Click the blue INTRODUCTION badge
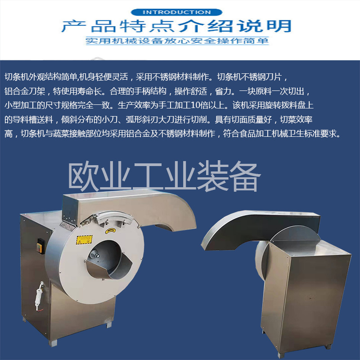pyautogui.click(x=176, y=12)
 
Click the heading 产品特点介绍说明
pyautogui.click(x=176, y=26)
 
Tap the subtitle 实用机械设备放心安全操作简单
pyautogui.click(x=177, y=41)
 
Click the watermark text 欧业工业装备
pyautogui.click(x=164, y=176)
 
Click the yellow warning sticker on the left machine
pyautogui.click(x=84, y=240)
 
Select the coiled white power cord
pyautogui.click(x=39, y=297)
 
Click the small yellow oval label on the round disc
pyautogui.click(x=110, y=230)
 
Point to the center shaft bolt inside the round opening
pyautogui.click(x=94, y=254)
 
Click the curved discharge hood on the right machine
pyautogui.click(x=260, y=229)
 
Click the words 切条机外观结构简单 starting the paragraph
pyautogui.click(x=40, y=77)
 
